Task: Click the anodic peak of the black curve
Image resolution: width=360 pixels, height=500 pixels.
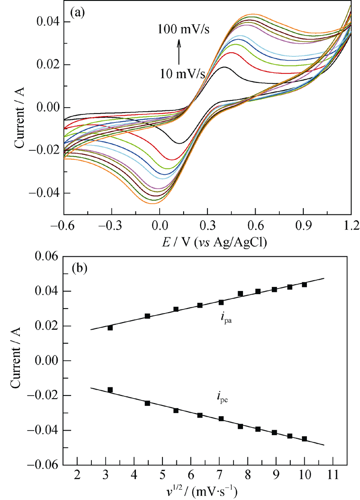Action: coord(225,68)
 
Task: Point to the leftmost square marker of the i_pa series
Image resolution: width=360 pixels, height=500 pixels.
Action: coord(110,327)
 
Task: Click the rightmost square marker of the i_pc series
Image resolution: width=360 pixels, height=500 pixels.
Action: coord(305,438)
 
